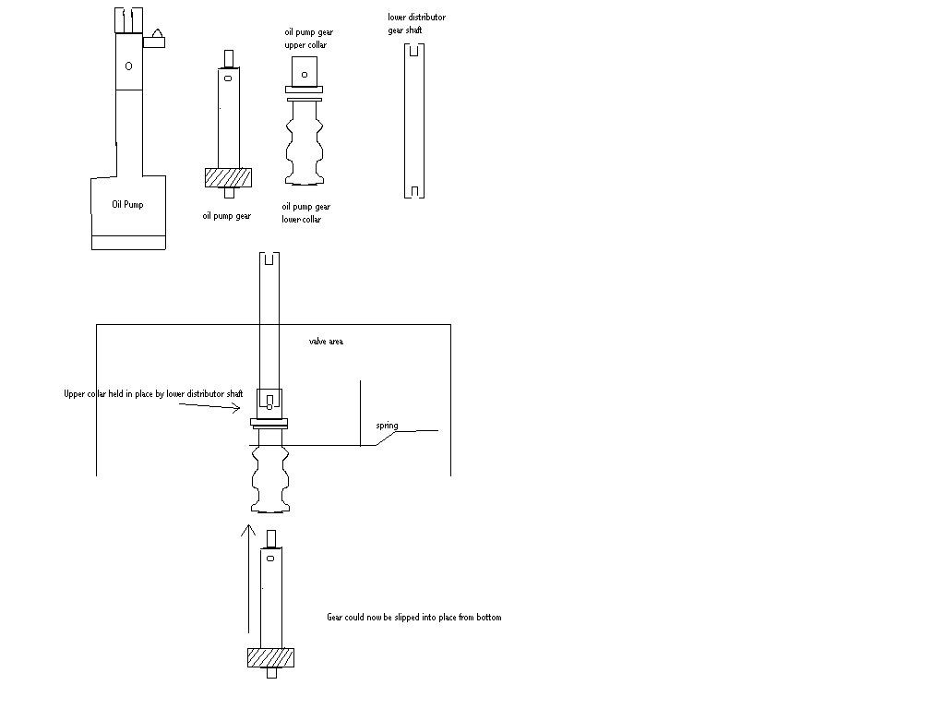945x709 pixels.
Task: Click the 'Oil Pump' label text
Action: (x=127, y=205)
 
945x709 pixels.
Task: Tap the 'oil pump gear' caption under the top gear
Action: (x=227, y=217)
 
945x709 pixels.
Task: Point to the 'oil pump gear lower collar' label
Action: (x=305, y=213)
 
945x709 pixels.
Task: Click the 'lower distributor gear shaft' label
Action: (x=416, y=24)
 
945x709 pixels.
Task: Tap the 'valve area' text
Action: (x=327, y=342)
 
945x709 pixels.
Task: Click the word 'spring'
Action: (x=387, y=426)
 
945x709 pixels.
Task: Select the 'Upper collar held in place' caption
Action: (x=153, y=394)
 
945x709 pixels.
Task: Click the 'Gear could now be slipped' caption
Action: (x=414, y=617)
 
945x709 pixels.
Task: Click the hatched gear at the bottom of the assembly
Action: (x=270, y=657)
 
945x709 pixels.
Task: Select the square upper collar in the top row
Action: (x=305, y=71)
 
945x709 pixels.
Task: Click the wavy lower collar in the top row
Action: (x=305, y=142)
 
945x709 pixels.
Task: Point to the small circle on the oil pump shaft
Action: (x=128, y=66)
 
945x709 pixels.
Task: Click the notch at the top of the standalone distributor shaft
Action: (x=416, y=50)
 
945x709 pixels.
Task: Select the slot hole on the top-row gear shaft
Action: (x=227, y=80)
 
